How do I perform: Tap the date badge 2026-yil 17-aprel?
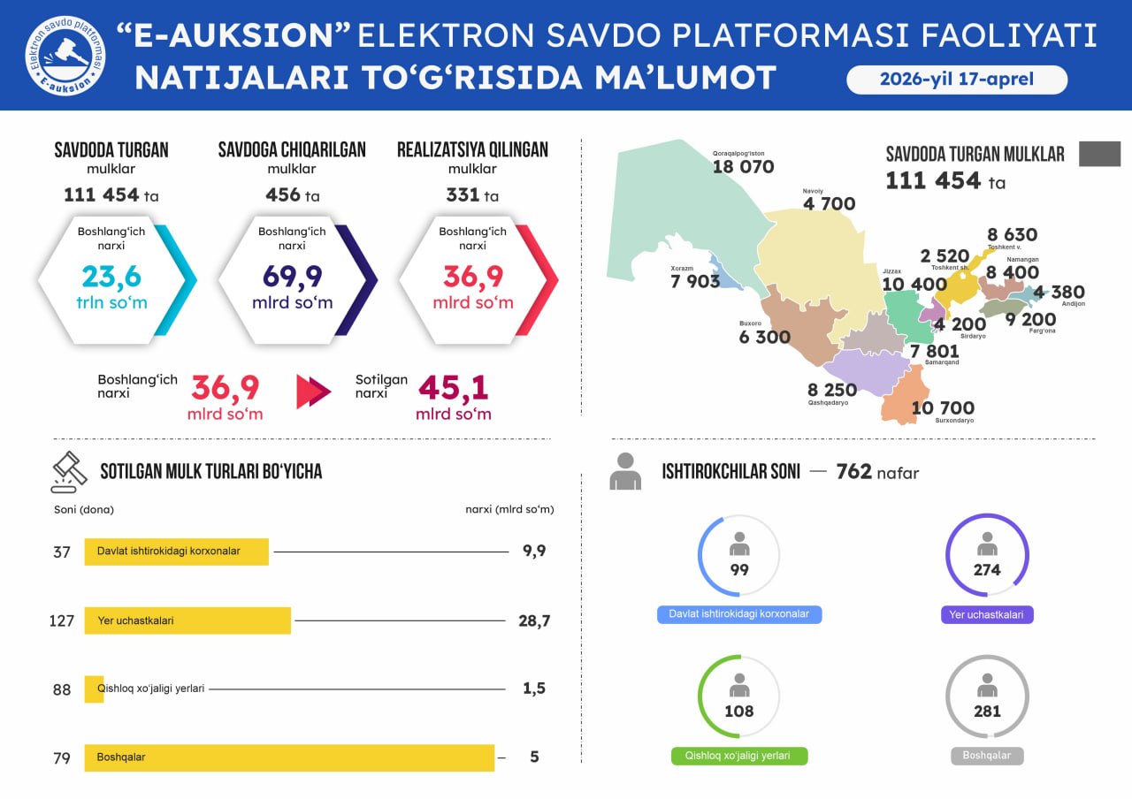(957, 80)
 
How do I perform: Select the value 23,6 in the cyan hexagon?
(111, 277)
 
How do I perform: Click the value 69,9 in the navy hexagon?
(293, 277)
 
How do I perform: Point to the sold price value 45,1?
(454, 388)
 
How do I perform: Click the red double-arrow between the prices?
(313, 392)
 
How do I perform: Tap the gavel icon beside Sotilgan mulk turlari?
(69, 472)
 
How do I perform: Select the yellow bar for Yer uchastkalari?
(187, 620)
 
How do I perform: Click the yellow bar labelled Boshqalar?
(289, 757)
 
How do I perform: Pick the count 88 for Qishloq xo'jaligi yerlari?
(62, 689)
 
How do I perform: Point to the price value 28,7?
(534, 621)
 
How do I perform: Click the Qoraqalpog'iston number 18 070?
(743, 167)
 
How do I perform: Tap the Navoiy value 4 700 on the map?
(829, 204)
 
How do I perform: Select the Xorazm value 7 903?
(695, 282)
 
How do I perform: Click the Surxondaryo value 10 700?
(943, 408)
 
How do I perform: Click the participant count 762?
(853, 472)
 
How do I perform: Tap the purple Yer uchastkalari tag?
(987, 614)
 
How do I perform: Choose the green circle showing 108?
(739, 696)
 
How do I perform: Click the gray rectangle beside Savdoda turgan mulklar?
(1099, 154)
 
